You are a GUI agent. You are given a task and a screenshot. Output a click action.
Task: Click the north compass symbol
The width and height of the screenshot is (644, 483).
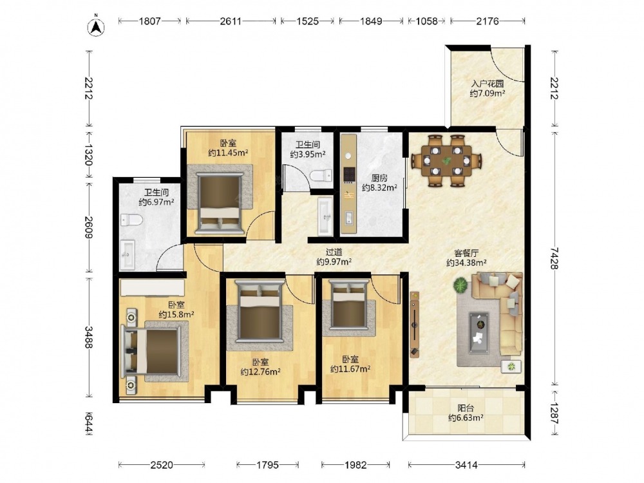pos(96,26)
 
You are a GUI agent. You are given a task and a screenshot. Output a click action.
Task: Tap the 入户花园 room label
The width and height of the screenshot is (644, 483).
pos(487,84)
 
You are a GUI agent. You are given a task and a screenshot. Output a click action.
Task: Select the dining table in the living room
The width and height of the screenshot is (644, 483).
pos(446,161)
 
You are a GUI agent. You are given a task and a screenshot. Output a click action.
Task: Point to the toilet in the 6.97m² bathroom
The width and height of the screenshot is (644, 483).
pos(131,220)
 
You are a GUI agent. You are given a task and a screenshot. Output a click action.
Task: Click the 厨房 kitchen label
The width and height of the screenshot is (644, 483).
pos(379,178)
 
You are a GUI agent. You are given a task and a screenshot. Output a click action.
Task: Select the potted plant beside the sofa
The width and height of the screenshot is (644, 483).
pos(461,285)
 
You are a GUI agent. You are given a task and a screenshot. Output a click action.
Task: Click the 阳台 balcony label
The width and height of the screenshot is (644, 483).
pos(466,408)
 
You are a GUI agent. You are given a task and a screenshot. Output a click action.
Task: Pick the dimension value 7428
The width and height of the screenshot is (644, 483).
pos(554,258)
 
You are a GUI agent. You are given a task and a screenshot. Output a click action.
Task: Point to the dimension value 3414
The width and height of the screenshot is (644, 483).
pos(466,465)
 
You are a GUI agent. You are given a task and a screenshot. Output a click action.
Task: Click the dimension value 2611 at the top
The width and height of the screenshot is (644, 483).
pos(231,21)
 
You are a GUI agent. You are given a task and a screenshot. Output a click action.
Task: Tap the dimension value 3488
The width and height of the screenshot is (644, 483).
pos(89,337)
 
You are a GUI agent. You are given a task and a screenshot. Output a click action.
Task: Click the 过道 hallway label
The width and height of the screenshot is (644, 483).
pos(334,252)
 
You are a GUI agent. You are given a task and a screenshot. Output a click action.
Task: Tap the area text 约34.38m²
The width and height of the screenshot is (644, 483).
pos(466,263)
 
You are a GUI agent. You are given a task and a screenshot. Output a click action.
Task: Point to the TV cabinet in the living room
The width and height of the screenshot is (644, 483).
pos(415,325)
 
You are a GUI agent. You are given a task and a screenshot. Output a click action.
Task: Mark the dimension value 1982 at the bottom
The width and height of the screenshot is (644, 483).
pos(355,465)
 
